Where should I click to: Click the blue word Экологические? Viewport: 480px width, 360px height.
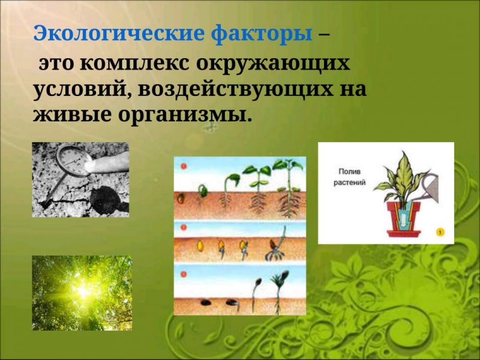click(x=118, y=34)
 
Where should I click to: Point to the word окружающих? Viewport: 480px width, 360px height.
click(x=273, y=64)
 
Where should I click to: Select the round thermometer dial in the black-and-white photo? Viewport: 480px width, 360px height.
click(x=73, y=160)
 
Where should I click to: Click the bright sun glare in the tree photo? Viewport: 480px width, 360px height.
click(x=83, y=292)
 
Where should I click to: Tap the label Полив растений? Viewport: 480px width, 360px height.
click(x=350, y=177)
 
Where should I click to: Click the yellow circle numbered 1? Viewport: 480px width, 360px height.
click(x=440, y=232)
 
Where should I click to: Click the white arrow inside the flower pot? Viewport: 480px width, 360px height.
click(x=404, y=220)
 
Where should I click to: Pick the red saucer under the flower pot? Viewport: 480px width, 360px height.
click(x=403, y=233)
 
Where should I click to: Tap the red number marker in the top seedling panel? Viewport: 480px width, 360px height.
click(x=184, y=166)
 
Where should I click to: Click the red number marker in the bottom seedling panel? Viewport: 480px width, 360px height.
click(x=184, y=274)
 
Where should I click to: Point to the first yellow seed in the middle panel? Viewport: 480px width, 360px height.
click(x=200, y=246)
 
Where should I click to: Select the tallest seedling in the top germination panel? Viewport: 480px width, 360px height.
click(x=288, y=187)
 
